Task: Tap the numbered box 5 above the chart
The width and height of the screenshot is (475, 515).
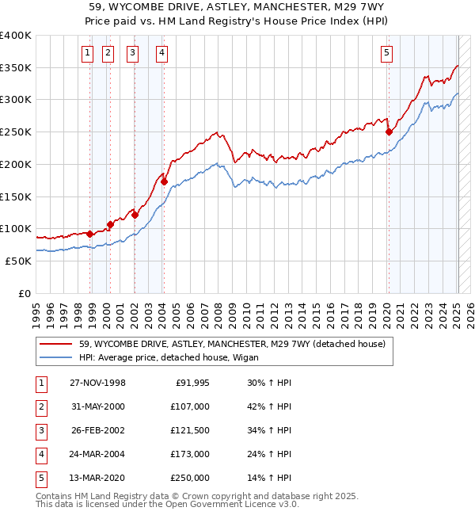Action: pyautogui.click(x=386, y=54)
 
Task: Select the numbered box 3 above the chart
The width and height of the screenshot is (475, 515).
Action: pyautogui.click(x=132, y=54)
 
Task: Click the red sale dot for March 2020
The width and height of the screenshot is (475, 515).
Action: pyautogui.click(x=389, y=132)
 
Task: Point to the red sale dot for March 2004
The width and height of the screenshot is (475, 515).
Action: pyautogui.click(x=164, y=181)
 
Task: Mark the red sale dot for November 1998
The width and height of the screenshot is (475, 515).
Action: pyautogui.click(x=90, y=234)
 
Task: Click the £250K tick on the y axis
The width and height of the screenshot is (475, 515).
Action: pyautogui.click(x=16, y=132)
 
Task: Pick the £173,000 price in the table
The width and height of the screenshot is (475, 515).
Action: pyautogui.click(x=190, y=455)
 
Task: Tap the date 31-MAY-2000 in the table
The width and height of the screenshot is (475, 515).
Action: pyautogui.click(x=97, y=406)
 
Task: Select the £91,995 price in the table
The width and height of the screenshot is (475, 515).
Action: pyautogui.click(x=192, y=383)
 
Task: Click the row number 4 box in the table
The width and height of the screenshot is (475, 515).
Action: pyautogui.click(x=40, y=455)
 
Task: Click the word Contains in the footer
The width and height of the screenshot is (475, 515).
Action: pyautogui.click(x=54, y=496)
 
